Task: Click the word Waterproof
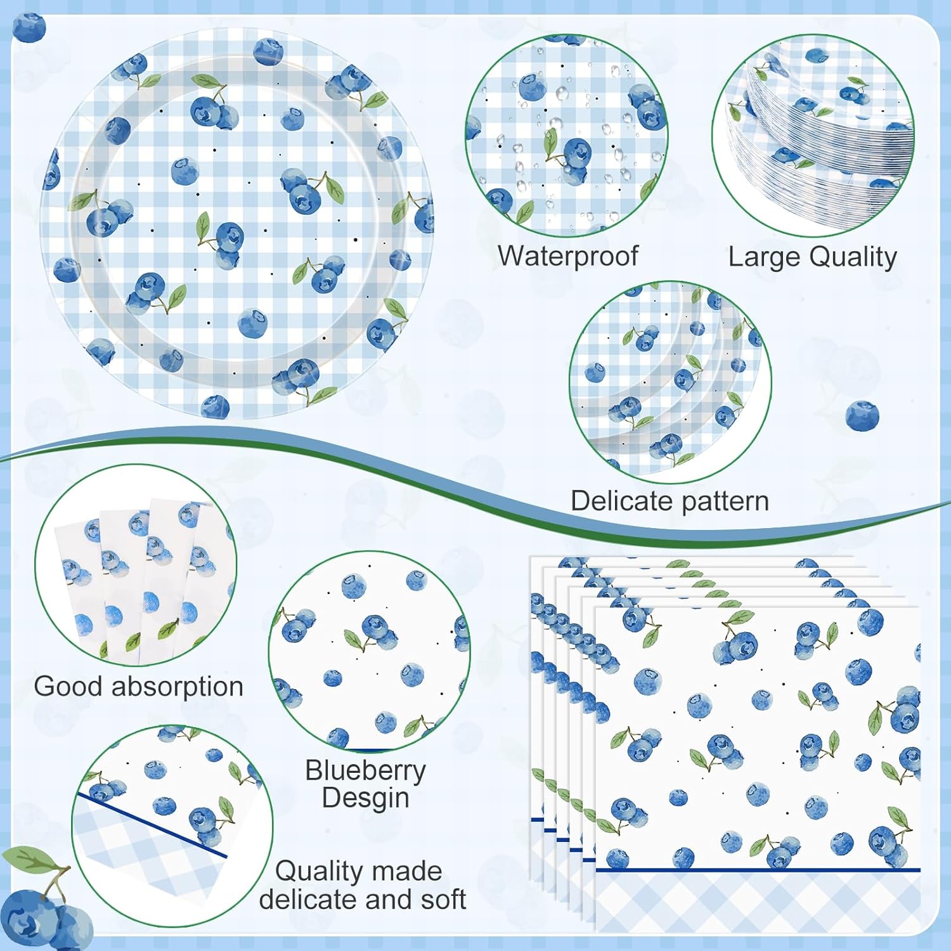pos(568,256)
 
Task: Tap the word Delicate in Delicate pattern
pos(626,501)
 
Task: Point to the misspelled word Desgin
pos(366,798)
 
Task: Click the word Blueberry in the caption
pos(366,771)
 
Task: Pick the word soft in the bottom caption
pos(439,899)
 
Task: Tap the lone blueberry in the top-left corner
pos(29,28)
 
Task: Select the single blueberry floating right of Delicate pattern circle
pos(862,417)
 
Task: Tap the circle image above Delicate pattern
pos(671,382)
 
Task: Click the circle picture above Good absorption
pos(136,566)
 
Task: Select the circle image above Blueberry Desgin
pos(370,652)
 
